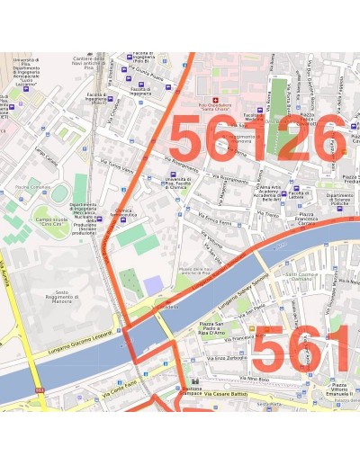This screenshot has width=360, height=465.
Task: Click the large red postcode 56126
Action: point(256,139)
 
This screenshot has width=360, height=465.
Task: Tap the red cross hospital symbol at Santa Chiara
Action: point(214,99)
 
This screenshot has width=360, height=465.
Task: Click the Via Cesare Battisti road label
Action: point(225,394)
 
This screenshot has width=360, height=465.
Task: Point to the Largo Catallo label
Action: point(46,156)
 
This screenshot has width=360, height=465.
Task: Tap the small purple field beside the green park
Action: point(154,285)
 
